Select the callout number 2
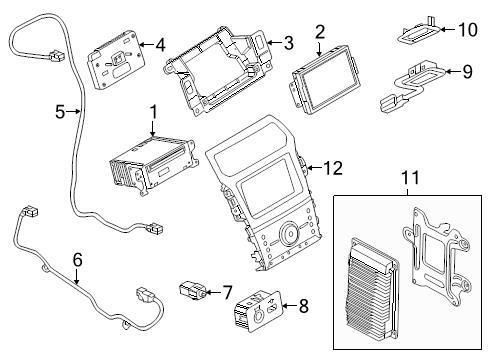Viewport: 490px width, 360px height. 320,33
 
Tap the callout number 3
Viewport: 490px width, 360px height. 288,42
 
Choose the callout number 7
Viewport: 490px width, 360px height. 227,293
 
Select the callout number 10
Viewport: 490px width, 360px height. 467,29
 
